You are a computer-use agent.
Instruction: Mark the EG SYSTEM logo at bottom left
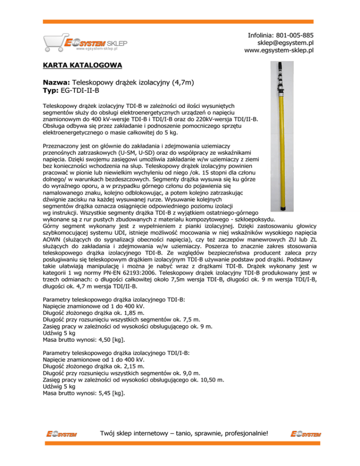coord(61,435)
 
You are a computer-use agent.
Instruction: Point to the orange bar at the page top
coord(180,22)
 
